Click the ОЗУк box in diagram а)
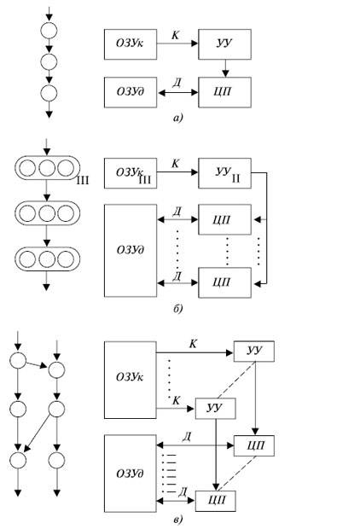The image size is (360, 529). [x=131, y=44]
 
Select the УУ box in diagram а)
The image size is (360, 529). [x=224, y=44]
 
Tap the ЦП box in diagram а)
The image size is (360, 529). [x=224, y=92]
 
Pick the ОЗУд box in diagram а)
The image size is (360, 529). [x=131, y=92]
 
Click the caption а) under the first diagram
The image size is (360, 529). [x=177, y=118]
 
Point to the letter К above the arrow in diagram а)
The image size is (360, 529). [x=176, y=35]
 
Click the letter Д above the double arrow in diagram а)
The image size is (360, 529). [x=177, y=83]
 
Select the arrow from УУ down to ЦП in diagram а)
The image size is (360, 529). [x=225, y=68]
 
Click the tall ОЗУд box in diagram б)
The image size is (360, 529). [x=131, y=251]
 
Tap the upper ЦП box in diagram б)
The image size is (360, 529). [x=224, y=219]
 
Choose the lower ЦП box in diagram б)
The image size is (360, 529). [x=224, y=282]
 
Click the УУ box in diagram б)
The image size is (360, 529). [x=224, y=173]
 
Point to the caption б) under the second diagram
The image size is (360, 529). [x=177, y=308]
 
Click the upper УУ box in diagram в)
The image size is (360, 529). [x=254, y=352]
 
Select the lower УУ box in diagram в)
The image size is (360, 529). [x=216, y=409]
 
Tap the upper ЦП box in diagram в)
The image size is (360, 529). [x=254, y=445]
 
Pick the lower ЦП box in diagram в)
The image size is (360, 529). [x=216, y=501]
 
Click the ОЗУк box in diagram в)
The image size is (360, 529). [x=131, y=380]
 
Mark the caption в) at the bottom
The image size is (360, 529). [x=177, y=520]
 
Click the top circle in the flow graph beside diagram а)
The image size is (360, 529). [x=49, y=31]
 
